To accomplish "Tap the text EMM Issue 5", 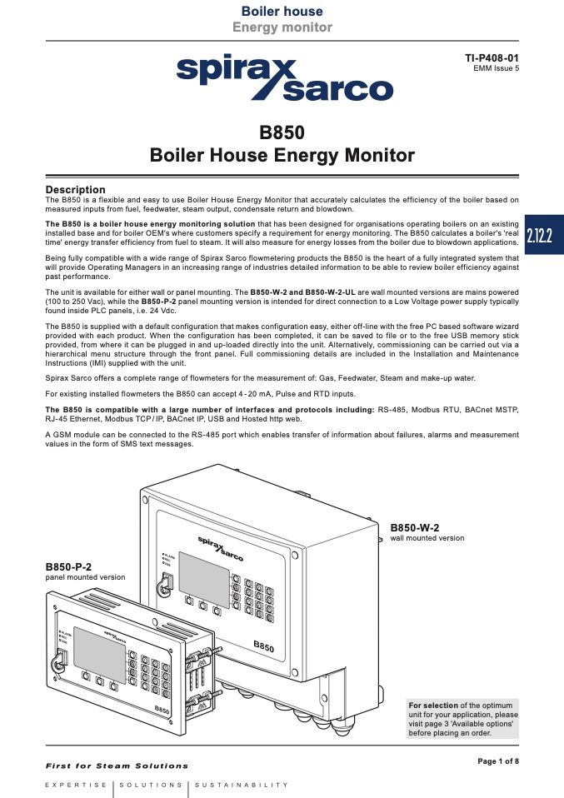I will pos(496,68).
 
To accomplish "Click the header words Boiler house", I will pos(282,12).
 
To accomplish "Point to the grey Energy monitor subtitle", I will pos(282,27).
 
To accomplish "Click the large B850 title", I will pos(282,133).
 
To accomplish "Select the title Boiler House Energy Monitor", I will pos(282,155).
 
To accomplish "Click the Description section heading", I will pos(75,190).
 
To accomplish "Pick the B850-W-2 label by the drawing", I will pos(415,527).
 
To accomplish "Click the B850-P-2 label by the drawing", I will pos(68,566).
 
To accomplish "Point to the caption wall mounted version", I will pos(427,538).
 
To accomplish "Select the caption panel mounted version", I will pos(85,576).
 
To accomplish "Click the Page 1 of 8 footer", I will pos(497,761).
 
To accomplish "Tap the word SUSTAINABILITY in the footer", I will pos(243,785).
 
